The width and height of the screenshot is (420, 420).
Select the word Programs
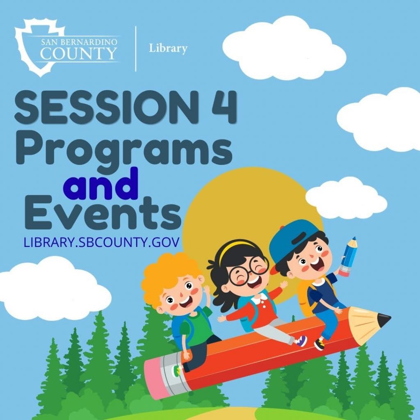[124, 150]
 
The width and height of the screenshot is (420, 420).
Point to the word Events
[103, 213]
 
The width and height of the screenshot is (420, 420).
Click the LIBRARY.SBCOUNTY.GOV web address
[101, 242]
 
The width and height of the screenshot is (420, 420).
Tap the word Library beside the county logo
[168, 48]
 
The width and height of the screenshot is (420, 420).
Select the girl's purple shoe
[301, 341]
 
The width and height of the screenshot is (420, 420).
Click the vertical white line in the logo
[136, 49]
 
